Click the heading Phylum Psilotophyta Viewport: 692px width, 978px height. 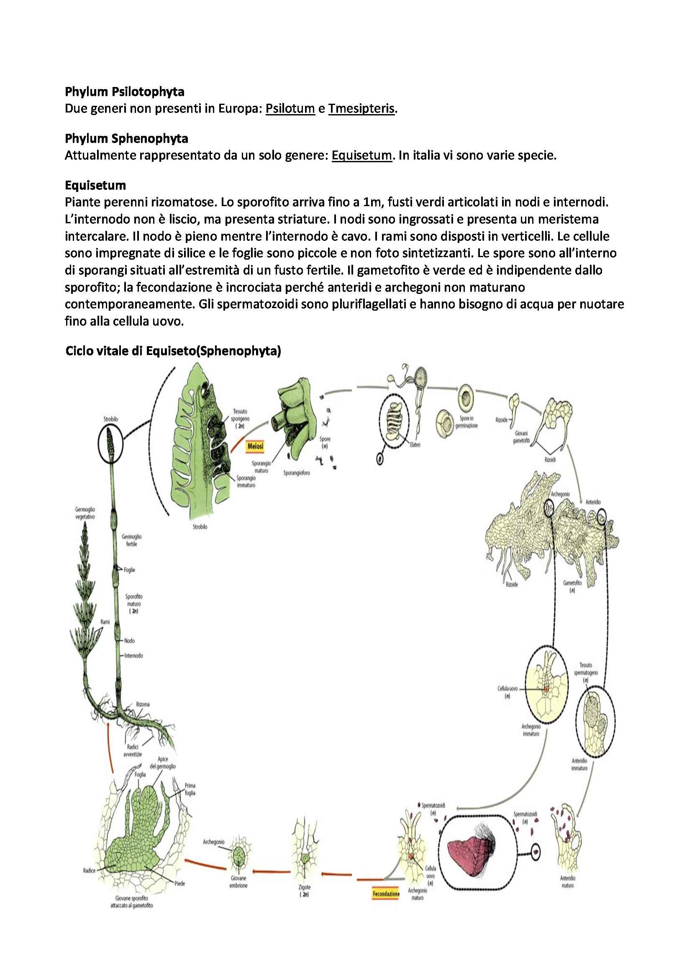pyautogui.click(x=124, y=92)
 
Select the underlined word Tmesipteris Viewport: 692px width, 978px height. pyautogui.click(x=361, y=109)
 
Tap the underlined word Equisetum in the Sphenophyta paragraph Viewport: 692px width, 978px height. pyautogui.click(x=361, y=156)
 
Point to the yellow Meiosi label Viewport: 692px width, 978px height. pyautogui.click(x=255, y=447)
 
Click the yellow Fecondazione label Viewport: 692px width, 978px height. pyautogui.click(x=386, y=894)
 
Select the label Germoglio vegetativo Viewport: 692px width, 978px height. pyautogui.click(x=85, y=513)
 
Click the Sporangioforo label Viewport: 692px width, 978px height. pyautogui.click(x=297, y=473)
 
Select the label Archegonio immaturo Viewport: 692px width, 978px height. pyautogui.click(x=531, y=730)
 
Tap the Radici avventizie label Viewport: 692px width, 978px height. pyautogui.click(x=133, y=751)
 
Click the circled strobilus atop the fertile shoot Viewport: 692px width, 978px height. pyautogui.click(x=110, y=445)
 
